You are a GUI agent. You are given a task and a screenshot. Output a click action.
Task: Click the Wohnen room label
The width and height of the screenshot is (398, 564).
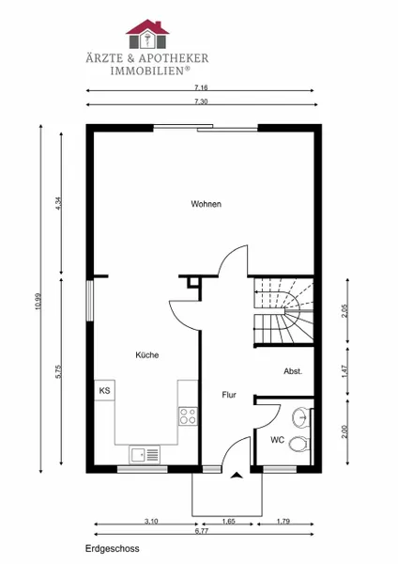click(206, 204)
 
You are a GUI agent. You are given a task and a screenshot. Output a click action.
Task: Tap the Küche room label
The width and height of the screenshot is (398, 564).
click(147, 355)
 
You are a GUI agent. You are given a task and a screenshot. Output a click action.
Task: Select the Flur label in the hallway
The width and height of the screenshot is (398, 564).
click(229, 395)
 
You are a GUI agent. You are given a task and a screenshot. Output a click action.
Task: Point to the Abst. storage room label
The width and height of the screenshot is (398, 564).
click(293, 371)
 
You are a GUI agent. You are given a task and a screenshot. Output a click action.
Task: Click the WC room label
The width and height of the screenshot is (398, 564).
click(277, 440)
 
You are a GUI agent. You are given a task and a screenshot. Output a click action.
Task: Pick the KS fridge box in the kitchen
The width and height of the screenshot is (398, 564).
click(104, 390)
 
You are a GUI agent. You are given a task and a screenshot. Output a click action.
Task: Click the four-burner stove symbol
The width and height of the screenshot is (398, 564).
click(189, 416)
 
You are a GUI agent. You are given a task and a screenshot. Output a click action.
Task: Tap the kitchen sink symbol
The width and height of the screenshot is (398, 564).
click(145, 455)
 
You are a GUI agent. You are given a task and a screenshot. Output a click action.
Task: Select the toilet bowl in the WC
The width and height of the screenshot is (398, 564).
click(299, 444)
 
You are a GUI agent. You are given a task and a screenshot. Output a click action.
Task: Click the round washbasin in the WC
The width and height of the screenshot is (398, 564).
click(301, 417)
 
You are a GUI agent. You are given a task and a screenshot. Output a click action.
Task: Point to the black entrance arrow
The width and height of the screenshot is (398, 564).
click(237, 475)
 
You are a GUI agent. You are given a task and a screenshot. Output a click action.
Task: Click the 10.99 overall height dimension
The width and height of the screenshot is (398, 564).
click(38, 302)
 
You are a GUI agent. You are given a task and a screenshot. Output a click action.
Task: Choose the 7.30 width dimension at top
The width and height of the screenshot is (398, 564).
click(201, 102)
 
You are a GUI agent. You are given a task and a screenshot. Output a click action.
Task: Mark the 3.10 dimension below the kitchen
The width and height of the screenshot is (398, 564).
click(151, 521)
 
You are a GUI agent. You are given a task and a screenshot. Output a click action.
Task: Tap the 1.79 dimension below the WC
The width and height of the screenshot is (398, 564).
click(283, 521)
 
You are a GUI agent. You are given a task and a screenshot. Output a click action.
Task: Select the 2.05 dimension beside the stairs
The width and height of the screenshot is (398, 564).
click(345, 311)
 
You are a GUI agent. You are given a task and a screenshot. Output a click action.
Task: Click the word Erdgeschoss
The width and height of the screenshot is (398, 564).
click(112, 549)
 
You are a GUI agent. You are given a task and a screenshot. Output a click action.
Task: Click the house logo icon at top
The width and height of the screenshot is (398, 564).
click(147, 34)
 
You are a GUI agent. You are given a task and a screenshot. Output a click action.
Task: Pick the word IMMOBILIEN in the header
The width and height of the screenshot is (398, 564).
click(147, 70)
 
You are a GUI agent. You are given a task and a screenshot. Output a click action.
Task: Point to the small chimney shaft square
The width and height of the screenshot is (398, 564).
click(193, 283)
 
